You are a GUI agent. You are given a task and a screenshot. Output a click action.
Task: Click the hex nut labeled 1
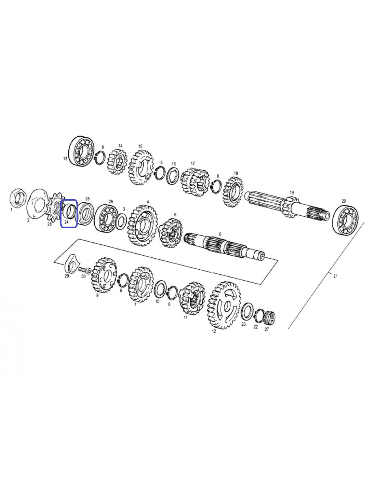(18, 198)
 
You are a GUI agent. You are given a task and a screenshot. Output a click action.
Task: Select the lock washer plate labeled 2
(37, 203)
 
